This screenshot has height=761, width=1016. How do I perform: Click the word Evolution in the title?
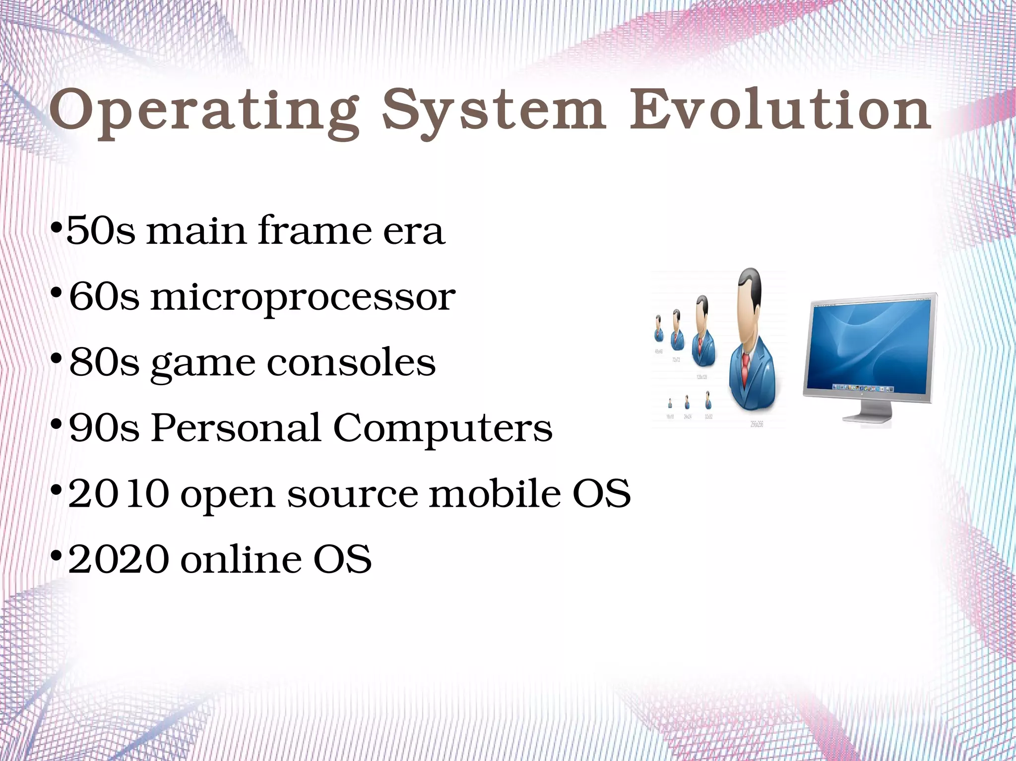[780, 110]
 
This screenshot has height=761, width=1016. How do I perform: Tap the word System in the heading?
[494, 110]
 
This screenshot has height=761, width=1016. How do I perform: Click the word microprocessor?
[303, 297]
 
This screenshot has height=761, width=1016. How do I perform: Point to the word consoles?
[351, 362]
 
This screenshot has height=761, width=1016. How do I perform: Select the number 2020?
[118, 559]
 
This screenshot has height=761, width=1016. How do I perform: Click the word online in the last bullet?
[241, 559]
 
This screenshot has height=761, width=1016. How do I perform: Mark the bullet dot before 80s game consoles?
[57, 358]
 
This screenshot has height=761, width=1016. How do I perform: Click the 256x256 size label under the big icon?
[757, 424]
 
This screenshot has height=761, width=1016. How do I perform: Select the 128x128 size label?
[701, 377]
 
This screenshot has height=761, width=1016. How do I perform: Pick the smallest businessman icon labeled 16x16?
[670, 403]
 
